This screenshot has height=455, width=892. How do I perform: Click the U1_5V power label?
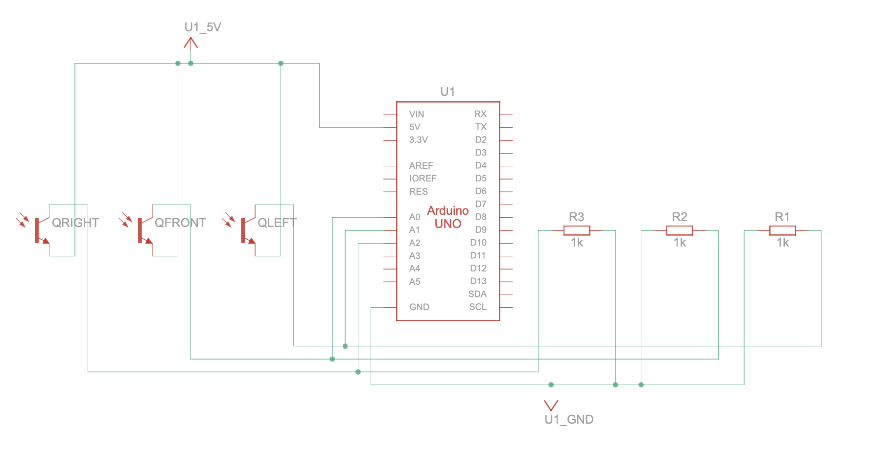(x=203, y=27)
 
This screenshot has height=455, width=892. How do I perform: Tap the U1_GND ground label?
(x=569, y=419)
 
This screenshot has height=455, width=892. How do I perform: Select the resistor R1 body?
(x=782, y=230)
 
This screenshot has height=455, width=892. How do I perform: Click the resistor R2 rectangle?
(x=680, y=230)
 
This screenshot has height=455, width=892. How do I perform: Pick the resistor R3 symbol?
(x=577, y=230)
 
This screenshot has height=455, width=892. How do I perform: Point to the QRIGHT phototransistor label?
(x=75, y=223)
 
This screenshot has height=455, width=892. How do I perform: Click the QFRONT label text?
(x=180, y=223)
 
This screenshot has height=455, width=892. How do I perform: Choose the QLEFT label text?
(x=277, y=223)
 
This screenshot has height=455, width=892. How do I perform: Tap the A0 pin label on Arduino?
(x=415, y=217)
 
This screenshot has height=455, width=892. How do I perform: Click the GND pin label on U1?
(x=419, y=307)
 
